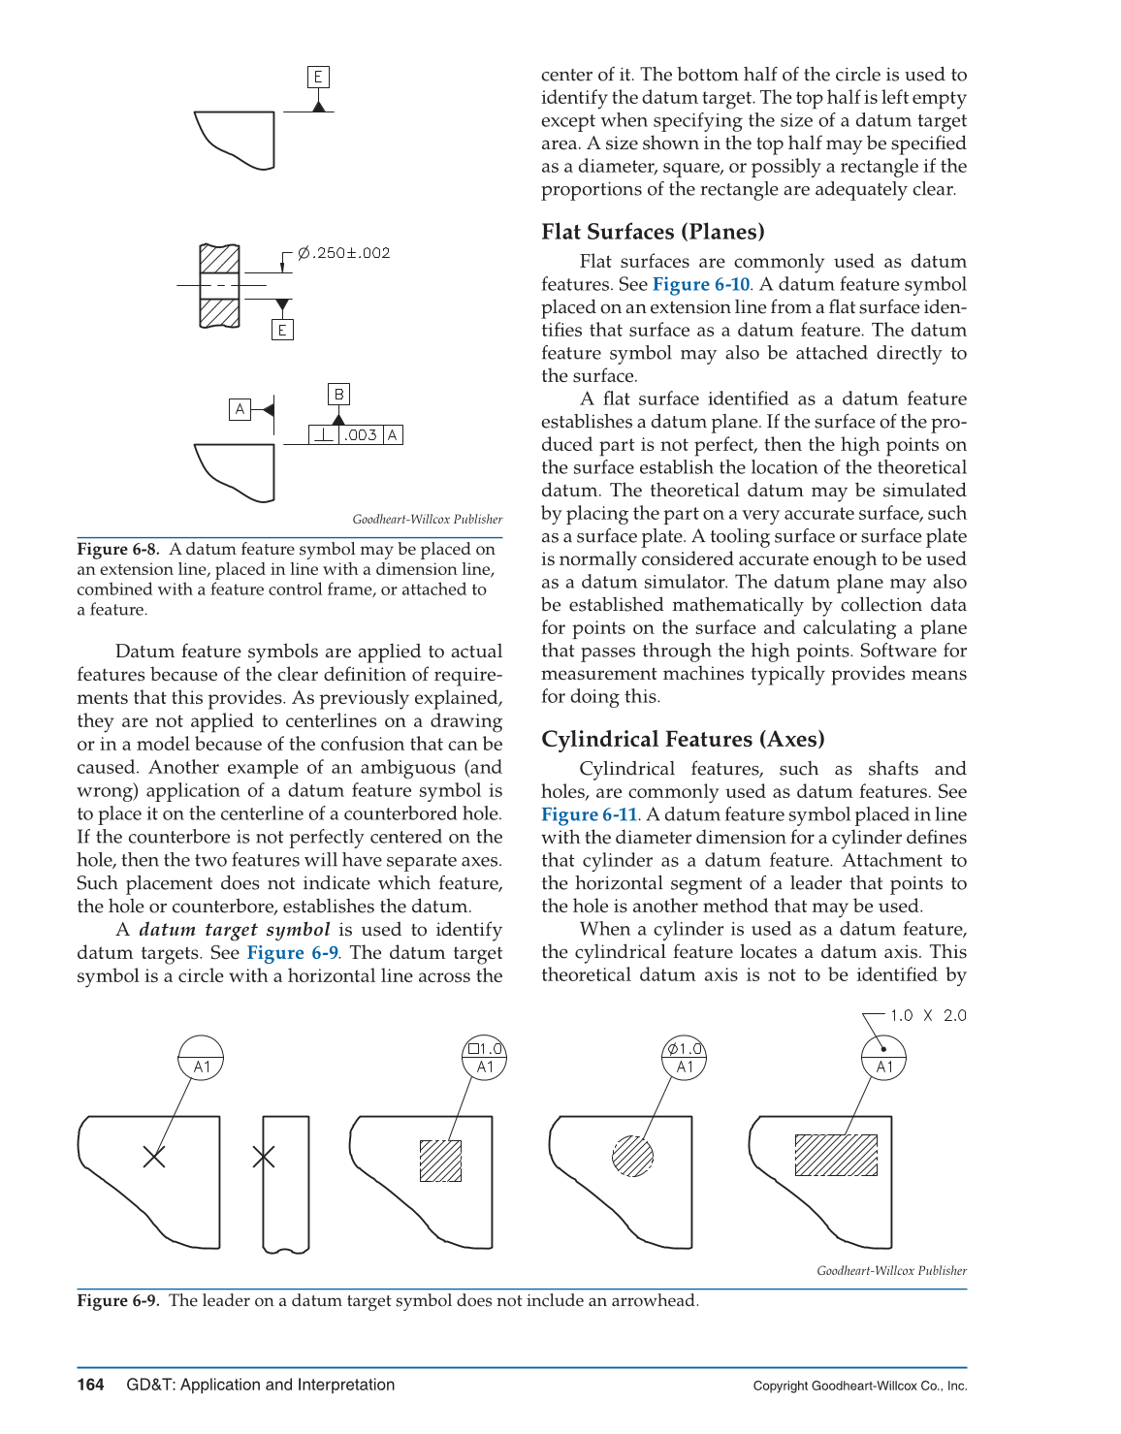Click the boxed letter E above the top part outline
[x=318, y=77]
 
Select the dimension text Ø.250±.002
[x=343, y=253]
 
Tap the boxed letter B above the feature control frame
[x=338, y=394]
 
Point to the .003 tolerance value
[x=361, y=435]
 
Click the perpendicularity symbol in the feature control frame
[x=323, y=435]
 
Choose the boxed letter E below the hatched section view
[x=282, y=330]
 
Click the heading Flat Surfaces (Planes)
[x=653, y=232]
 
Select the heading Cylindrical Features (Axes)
[x=683, y=739]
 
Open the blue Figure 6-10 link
[x=701, y=284]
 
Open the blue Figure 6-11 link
[x=589, y=814]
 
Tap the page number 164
[x=90, y=1385]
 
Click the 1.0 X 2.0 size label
[x=928, y=1015]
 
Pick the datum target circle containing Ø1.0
[x=685, y=1057]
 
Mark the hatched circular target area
[x=632, y=1156]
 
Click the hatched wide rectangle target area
[x=836, y=1155]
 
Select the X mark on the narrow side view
[x=264, y=1156]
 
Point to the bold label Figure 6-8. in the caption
[x=117, y=549]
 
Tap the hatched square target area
[x=440, y=1161]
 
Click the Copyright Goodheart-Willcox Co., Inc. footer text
[x=859, y=1386]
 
